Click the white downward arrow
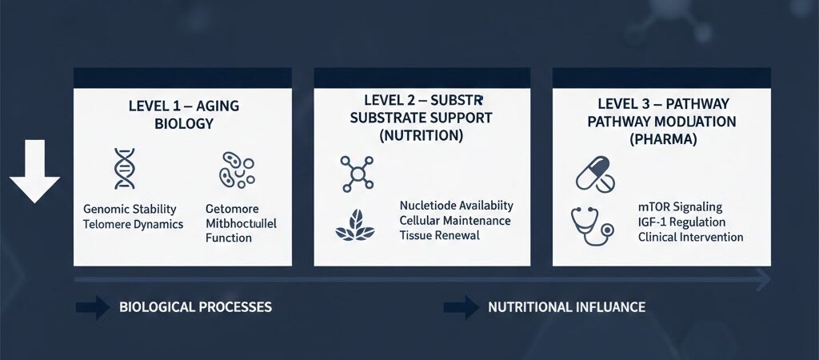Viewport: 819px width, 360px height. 34,172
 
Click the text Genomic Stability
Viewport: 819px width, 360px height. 130,210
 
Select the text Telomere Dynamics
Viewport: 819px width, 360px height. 134,225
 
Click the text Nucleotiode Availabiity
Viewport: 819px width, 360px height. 457,206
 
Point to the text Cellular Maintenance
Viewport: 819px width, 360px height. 455,220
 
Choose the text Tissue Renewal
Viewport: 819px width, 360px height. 439,235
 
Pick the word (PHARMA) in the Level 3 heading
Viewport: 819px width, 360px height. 662,138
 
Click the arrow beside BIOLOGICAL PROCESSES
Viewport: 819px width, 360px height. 92,307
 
